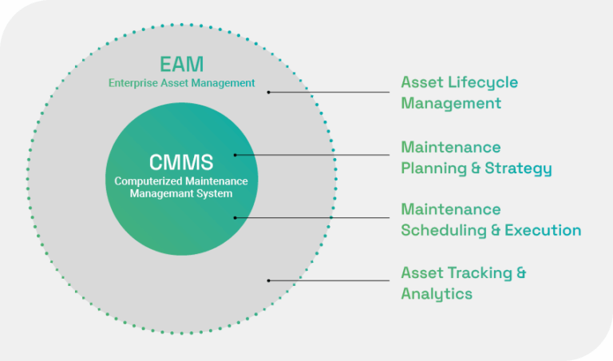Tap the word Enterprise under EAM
point(132,82)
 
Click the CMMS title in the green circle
point(181,163)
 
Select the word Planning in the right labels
point(433,169)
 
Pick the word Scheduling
point(441,231)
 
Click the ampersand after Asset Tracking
point(520,273)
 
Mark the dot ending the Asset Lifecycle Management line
point(269,92)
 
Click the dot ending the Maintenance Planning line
point(235,154)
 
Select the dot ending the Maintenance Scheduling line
point(235,216)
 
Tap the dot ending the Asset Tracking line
point(269,280)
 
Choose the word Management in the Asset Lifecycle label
point(451,103)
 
